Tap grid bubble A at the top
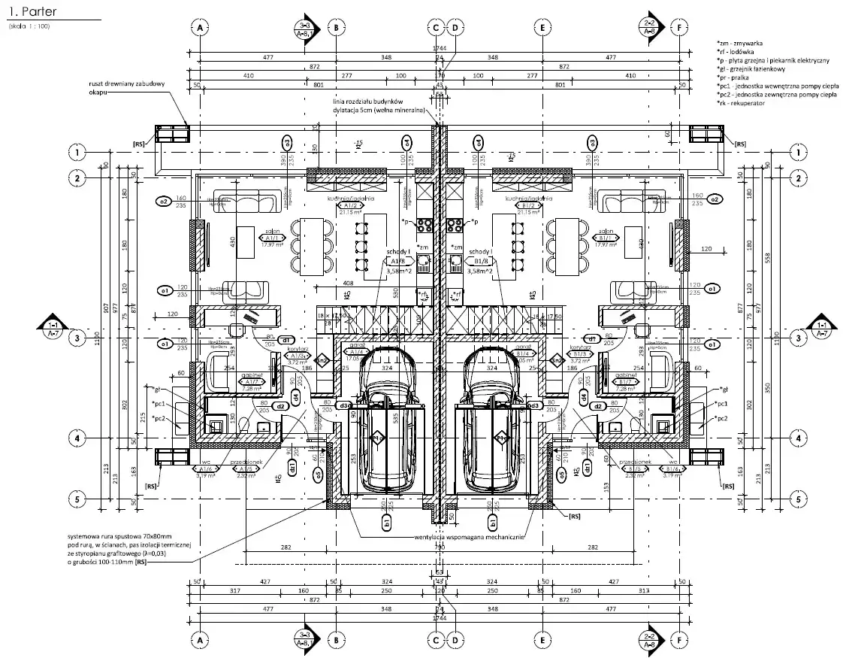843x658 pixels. [201, 28]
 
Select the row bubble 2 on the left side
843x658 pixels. [77, 178]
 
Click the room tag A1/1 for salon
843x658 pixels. [267, 239]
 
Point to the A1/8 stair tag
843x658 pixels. [397, 261]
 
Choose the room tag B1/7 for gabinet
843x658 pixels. [626, 382]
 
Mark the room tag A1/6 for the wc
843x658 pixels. [204, 468]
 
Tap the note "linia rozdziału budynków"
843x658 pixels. [369, 101]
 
